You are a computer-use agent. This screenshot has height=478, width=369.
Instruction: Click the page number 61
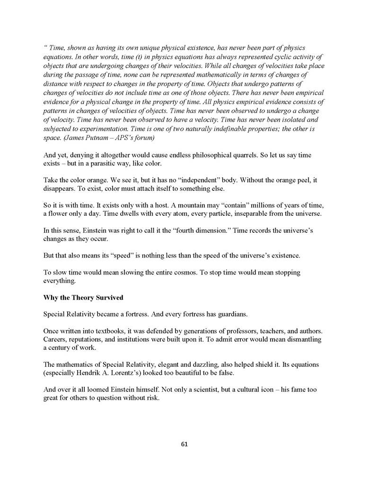pos(184,444)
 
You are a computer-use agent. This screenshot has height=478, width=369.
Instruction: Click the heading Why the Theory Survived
pos(83,298)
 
